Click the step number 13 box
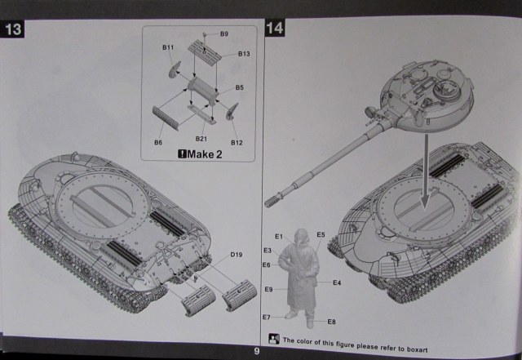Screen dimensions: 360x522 [14, 30]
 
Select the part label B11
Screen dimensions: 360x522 [168, 48]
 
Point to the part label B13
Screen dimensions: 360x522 [244, 54]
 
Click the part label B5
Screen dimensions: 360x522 [240, 87]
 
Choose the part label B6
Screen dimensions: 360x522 [157, 142]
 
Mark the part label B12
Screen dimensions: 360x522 [237, 142]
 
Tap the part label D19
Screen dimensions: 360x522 [236, 256]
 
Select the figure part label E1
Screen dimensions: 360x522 [278, 237]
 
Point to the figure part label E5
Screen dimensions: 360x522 [321, 235]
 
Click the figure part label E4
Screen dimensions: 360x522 [337, 282]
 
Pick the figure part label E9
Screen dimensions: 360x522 [268, 289]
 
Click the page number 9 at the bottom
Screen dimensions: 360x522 [256, 351]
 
